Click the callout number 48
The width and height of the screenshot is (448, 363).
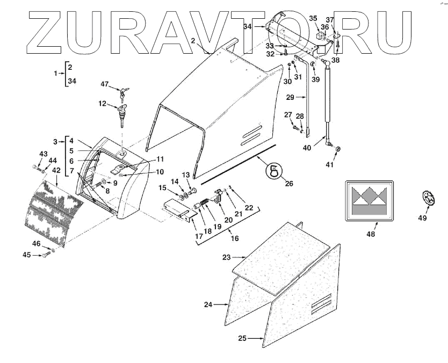[x=370, y=234]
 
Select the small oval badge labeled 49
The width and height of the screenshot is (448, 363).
[x=428, y=198]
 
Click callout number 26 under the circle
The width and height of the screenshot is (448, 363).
[x=289, y=183]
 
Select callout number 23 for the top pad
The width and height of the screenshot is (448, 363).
[x=226, y=257]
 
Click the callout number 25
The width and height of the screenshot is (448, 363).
[x=242, y=338]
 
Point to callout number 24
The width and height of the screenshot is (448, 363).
[x=208, y=304]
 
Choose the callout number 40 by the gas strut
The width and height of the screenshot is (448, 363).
[x=308, y=148]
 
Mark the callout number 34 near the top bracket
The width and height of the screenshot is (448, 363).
[x=248, y=26]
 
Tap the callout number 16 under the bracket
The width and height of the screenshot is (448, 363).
[x=234, y=238]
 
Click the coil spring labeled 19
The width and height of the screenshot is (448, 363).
[x=204, y=205]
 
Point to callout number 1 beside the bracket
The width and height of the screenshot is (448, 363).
[x=56, y=72]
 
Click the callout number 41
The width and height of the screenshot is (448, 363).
[x=329, y=164]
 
